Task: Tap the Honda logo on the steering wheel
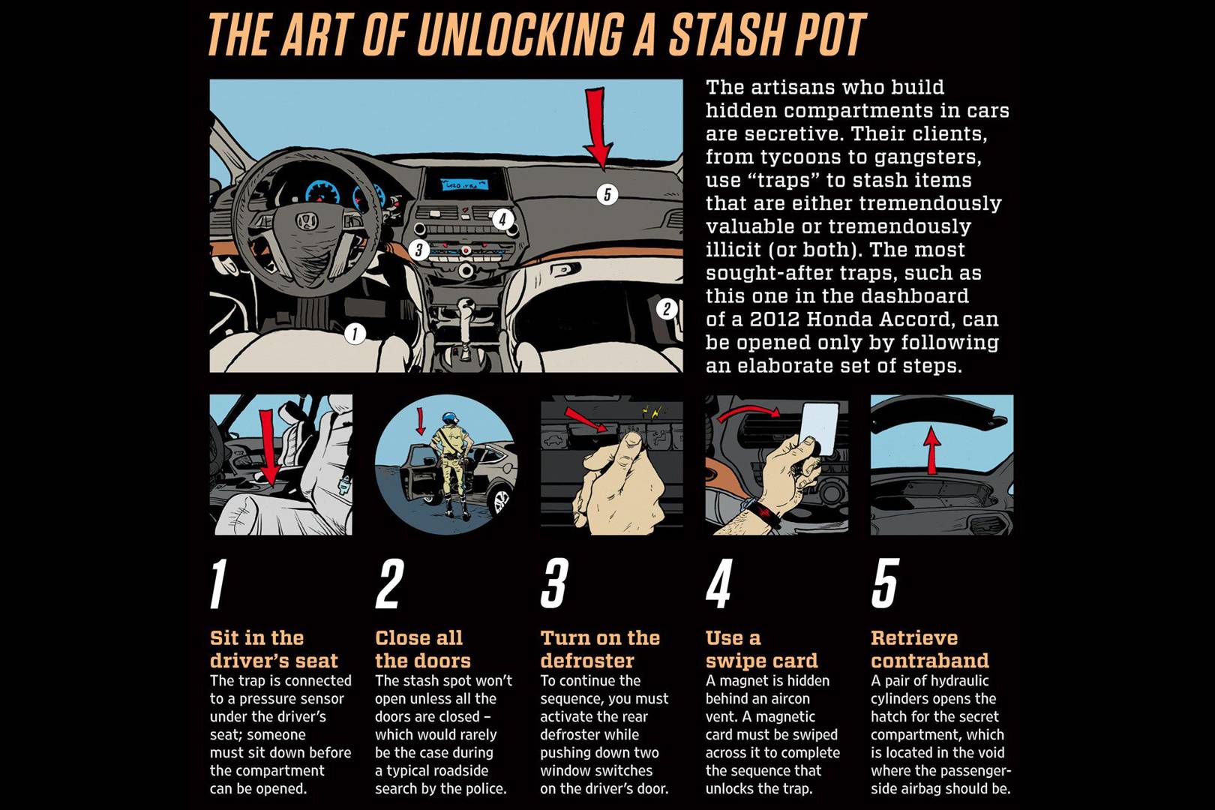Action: coord(307,220)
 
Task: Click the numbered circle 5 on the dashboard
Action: coord(607,194)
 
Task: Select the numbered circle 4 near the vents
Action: coord(502,220)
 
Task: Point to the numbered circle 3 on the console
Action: coord(418,250)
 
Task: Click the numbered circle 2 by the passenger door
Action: coord(667,309)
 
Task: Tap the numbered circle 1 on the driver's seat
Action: coord(355,333)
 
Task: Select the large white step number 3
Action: coord(554,583)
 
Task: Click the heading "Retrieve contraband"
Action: coord(930,649)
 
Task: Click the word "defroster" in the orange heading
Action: coord(587,660)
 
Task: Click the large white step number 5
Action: coord(885,583)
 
